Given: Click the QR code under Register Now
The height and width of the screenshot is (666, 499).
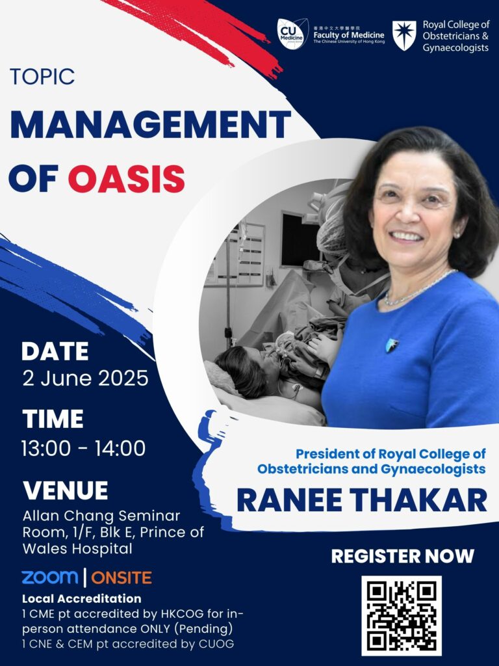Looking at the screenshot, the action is tap(402, 615).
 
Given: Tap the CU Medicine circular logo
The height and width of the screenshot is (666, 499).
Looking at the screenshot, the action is tap(292, 34).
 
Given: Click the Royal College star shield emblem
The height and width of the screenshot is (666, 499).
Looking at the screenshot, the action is tap(404, 36).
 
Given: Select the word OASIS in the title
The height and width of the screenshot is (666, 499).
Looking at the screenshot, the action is tap(127, 178).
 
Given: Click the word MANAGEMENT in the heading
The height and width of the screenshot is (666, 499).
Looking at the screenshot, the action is tap(151, 124).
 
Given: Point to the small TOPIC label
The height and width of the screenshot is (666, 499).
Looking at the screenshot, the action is tap(42, 77).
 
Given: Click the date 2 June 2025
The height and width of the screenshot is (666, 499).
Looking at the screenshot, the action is tap(85, 378).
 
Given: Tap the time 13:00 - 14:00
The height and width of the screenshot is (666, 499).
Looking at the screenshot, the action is tap(84, 448).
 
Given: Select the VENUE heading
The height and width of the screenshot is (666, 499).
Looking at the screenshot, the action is tap(66, 490).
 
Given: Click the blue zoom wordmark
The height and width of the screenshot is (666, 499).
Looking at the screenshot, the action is tap(50, 578).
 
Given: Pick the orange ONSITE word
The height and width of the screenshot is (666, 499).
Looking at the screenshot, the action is tap(122, 578).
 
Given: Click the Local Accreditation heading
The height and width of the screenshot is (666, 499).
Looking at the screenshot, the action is tap(81, 598).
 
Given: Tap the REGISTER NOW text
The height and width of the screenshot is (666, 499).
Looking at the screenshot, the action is tap(402, 556).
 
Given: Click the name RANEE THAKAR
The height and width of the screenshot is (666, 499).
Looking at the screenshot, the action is tap(362, 500).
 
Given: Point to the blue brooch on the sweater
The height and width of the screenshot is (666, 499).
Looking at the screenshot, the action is tap(392, 345).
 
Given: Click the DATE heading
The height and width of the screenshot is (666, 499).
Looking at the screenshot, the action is tap(55, 351).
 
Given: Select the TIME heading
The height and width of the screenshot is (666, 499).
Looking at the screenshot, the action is tap(53, 419).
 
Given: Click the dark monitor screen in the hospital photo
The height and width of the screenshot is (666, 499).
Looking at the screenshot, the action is tap(300, 239).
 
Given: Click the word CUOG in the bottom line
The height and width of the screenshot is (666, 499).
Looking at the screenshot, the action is tap(216, 644).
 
